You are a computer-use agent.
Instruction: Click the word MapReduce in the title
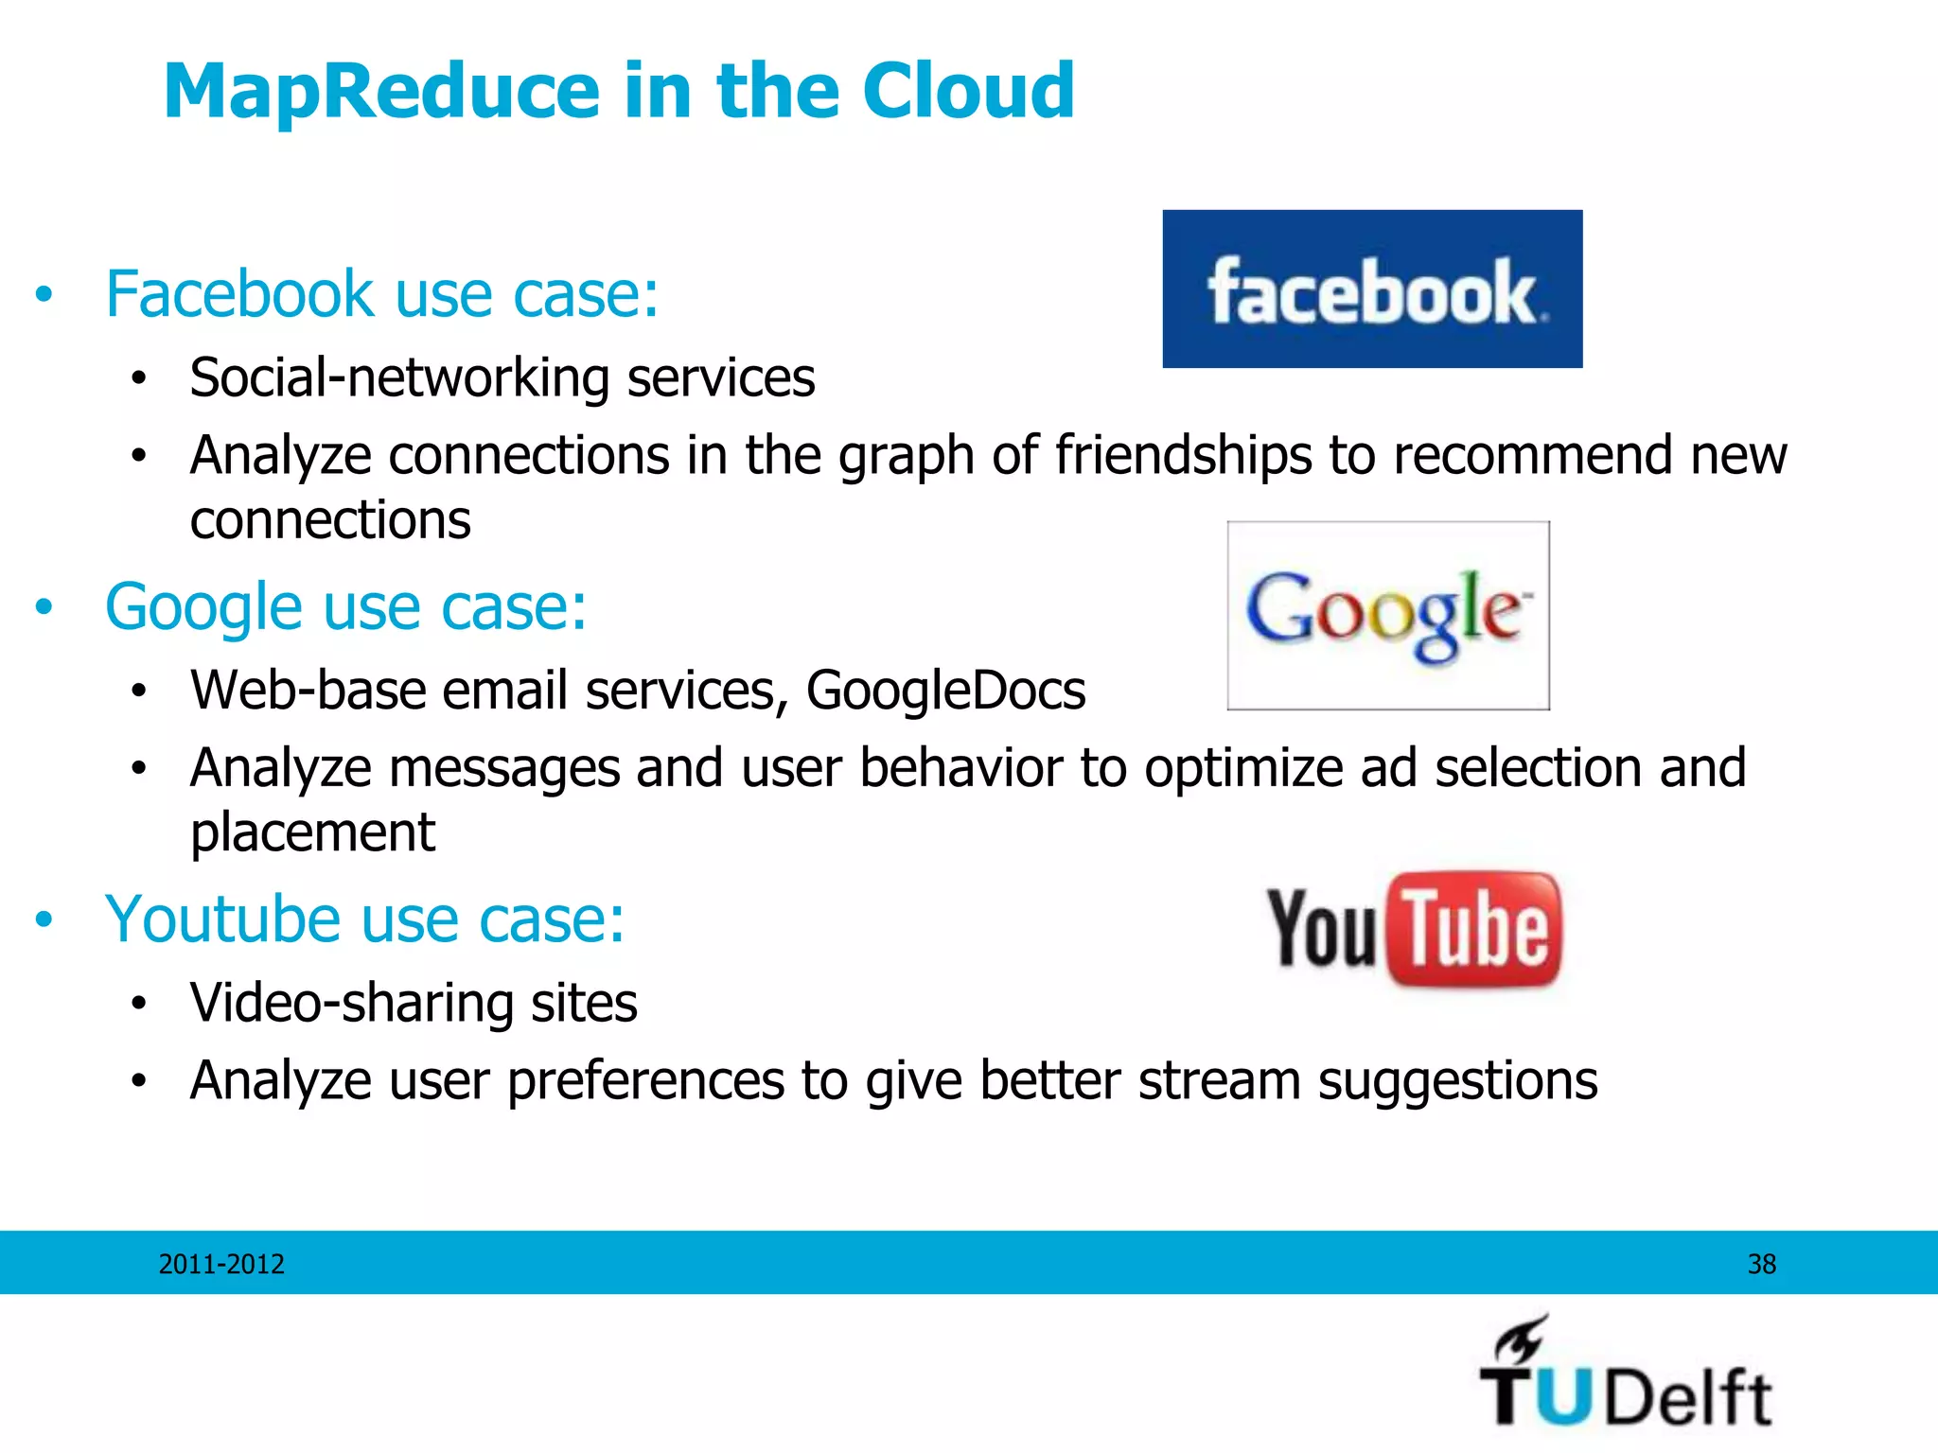[382, 92]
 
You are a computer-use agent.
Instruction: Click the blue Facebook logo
[1372, 289]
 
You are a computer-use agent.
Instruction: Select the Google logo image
[1387, 615]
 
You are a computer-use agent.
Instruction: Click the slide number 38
[1761, 1264]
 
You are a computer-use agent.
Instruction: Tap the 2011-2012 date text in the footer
[221, 1264]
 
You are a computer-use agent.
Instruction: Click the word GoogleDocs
[945, 691]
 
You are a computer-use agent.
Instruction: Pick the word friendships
[1183, 455]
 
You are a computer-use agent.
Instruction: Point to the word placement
[312, 833]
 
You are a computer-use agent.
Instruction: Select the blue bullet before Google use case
[44, 607]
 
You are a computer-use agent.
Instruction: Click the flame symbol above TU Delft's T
[1521, 1338]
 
